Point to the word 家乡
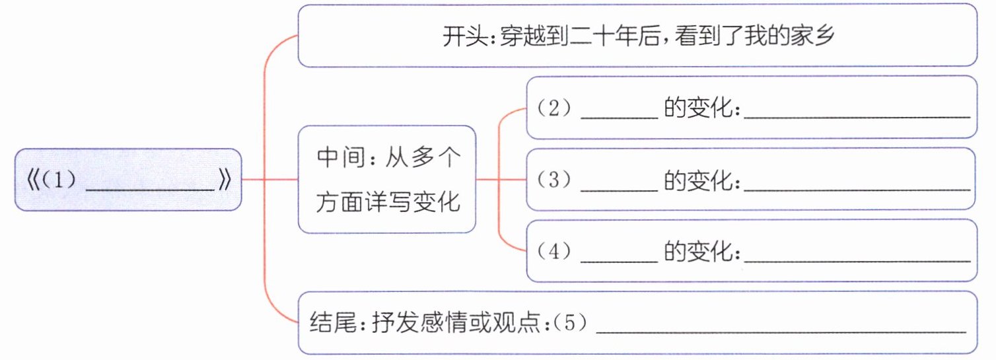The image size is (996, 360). click(813, 36)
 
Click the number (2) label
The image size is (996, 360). click(553, 108)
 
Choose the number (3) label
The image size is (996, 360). click(553, 180)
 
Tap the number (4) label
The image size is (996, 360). click(553, 252)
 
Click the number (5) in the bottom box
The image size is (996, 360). click(569, 322)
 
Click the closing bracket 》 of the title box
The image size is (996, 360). click(225, 180)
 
